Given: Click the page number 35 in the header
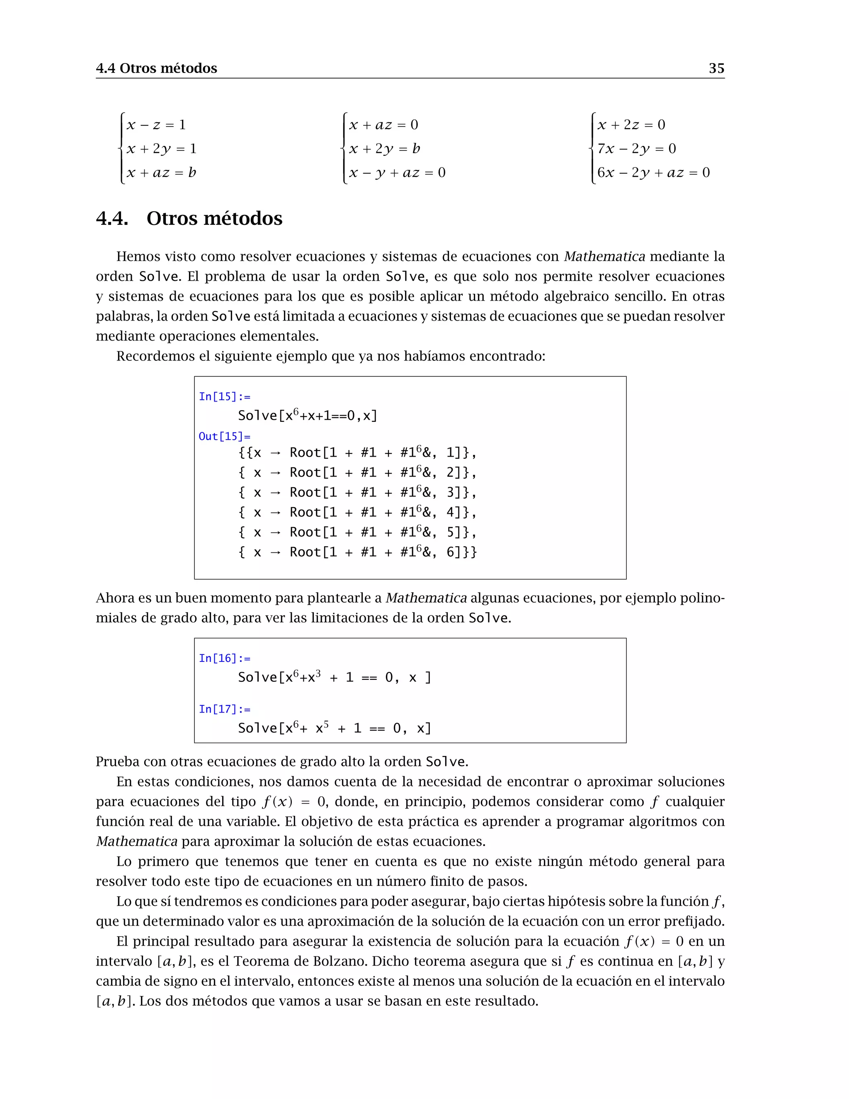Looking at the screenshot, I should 716,68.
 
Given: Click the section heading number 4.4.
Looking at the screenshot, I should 112,219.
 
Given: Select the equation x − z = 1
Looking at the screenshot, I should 156,125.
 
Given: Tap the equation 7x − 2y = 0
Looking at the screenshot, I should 636,149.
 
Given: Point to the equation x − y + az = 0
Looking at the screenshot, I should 397,173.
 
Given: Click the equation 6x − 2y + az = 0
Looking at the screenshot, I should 653,173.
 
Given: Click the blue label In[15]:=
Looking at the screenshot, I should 224,396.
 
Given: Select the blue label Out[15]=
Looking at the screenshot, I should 224,436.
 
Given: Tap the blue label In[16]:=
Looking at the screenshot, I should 224,658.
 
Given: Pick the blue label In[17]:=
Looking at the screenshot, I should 224,709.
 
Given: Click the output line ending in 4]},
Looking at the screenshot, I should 357,512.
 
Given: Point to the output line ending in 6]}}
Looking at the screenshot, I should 357,552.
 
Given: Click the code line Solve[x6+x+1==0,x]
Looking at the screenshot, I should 307,416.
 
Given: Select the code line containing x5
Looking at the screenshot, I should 335,728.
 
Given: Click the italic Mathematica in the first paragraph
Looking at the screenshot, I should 604,257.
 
